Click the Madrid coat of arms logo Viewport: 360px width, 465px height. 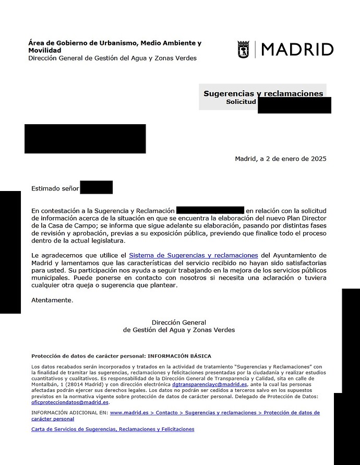tap(244, 50)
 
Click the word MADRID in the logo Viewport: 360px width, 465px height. tap(297, 50)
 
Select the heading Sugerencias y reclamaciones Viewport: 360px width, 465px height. tap(263, 94)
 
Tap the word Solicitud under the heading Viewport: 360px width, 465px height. tap(241, 102)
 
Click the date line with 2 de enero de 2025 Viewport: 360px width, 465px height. tap(281, 159)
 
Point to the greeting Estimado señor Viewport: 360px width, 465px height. tap(55, 188)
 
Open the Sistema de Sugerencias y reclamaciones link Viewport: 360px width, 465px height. tap(194, 255)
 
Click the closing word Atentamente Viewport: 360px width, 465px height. tap(52, 300)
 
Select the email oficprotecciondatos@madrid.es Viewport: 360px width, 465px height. tap(70, 402)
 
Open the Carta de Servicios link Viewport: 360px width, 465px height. tap(113, 429)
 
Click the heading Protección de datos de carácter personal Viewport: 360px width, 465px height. tap(121, 356)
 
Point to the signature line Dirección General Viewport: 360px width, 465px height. tap(179, 323)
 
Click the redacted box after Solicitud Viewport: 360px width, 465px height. tap(294, 105)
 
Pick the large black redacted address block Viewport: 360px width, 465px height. tap(85, 138)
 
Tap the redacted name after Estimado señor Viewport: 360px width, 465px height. tap(97, 187)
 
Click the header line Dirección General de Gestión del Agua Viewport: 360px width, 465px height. tap(113, 58)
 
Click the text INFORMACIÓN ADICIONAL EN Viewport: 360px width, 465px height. tap(69, 412)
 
